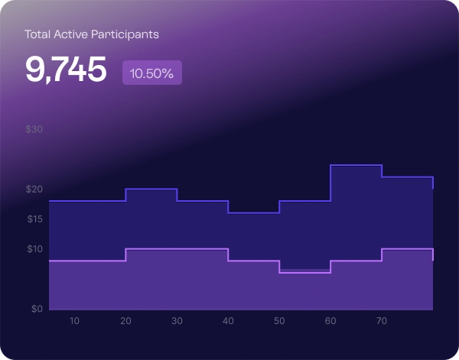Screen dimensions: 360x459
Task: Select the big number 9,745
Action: pyautogui.click(x=66, y=70)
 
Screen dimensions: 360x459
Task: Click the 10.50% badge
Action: pyautogui.click(x=151, y=73)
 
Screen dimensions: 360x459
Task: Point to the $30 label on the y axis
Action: pyautogui.click(x=34, y=129)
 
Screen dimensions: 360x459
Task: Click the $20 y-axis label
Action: pyautogui.click(x=34, y=190)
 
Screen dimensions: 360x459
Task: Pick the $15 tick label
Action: pyautogui.click(x=34, y=219)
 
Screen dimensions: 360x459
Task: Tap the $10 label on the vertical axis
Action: pyautogui.click(x=34, y=249)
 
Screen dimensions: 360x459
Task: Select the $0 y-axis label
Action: pyautogui.click(x=36, y=310)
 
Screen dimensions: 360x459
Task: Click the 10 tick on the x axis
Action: pyautogui.click(x=74, y=321)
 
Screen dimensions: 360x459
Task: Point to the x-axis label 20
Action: pyautogui.click(x=125, y=321)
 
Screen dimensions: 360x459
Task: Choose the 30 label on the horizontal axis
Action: pyautogui.click(x=177, y=321)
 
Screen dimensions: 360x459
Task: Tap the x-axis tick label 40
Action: pyautogui.click(x=228, y=321)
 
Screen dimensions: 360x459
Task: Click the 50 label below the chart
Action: pyautogui.click(x=279, y=321)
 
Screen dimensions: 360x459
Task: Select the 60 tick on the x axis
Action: pyautogui.click(x=330, y=321)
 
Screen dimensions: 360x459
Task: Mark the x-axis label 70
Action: pyautogui.click(x=382, y=321)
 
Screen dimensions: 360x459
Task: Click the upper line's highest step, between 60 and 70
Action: pyautogui.click(x=356, y=165)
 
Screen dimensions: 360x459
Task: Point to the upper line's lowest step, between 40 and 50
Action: pyautogui.click(x=253, y=212)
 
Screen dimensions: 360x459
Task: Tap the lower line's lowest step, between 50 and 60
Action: pyautogui.click(x=304, y=272)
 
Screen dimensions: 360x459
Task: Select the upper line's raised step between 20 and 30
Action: pyautogui.click(x=151, y=189)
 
